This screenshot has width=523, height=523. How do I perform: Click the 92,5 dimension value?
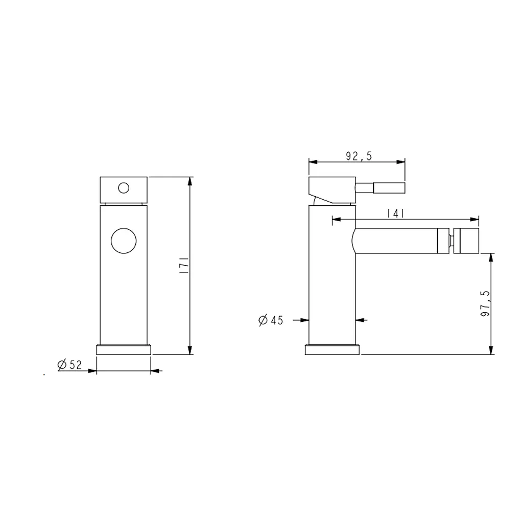coord(359,156)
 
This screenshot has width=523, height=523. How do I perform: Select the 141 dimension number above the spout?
coord(396,213)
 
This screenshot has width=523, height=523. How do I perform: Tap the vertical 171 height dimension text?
coord(184,266)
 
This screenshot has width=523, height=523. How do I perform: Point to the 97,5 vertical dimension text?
coord(485,303)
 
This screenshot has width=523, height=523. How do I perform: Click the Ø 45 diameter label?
coord(271,320)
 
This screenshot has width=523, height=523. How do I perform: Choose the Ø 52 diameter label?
coord(69,365)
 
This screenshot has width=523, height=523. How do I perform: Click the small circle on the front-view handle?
coord(124,188)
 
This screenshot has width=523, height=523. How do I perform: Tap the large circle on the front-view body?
coord(124,241)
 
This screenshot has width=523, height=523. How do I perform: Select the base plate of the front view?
coord(124,349)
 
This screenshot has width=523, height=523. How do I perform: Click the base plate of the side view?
coord(332,349)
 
